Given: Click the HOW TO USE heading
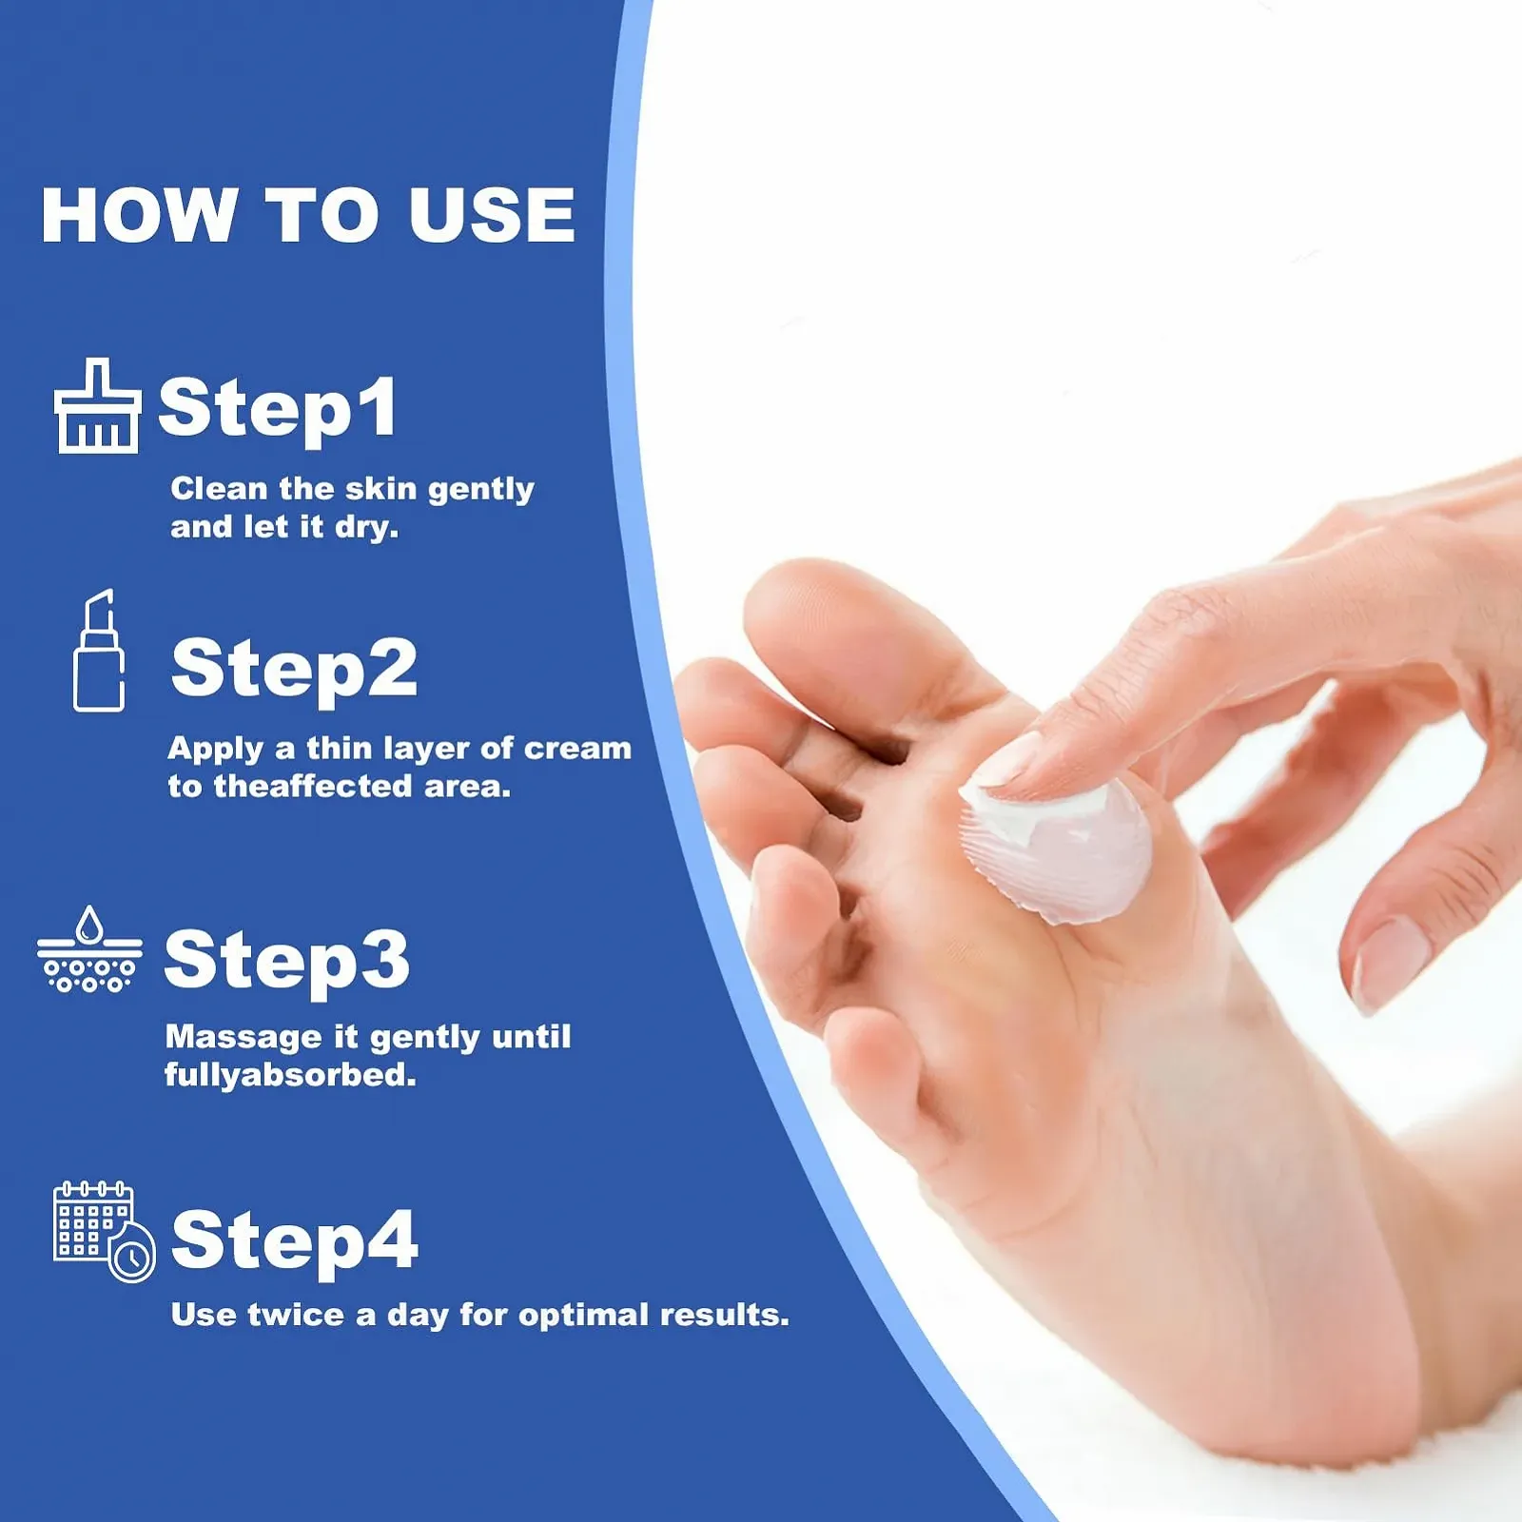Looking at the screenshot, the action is pyautogui.click(x=308, y=215).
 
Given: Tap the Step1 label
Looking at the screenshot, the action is pyautogui.click(x=278, y=408).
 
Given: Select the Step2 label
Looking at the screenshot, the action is pyautogui.click(x=294, y=670).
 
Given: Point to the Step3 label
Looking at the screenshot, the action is pyautogui.click(x=287, y=961).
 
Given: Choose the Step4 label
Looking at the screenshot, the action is pyautogui.click(x=295, y=1240).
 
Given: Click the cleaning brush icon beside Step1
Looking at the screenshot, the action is pyautogui.click(x=97, y=406).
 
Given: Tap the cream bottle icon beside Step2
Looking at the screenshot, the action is pyautogui.click(x=99, y=651).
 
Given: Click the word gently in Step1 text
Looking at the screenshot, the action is pyautogui.click(x=480, y=491).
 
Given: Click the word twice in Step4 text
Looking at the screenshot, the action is pyautogui.click(x=296, y=1315).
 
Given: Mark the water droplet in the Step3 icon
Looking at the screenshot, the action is pyautogui.click(x=89, y=924).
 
